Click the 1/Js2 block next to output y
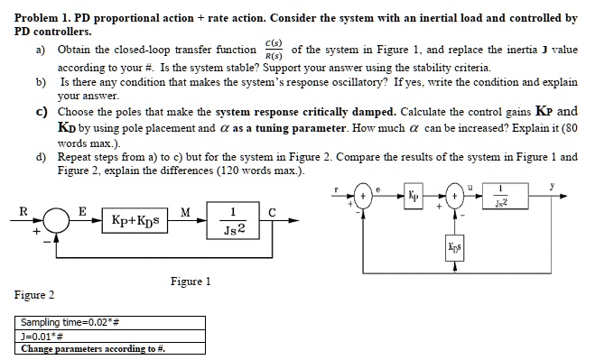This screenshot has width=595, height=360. pyautogui.click(x=525, y=196)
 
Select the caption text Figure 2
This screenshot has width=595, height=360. pyautogui.click(x=34, y=295)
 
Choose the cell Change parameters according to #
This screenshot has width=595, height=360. pyautogui.click(x=93, y=348)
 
